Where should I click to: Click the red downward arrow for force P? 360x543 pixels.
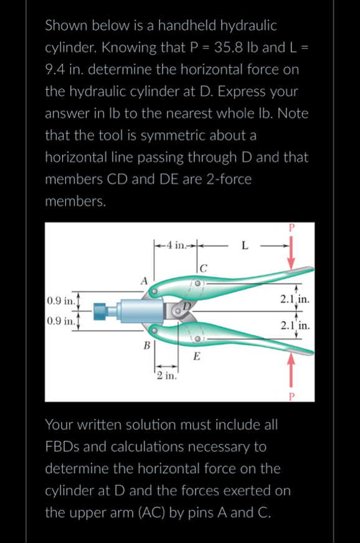click(x=291, y=252)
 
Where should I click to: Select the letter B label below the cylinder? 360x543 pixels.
click(x=146, y=345)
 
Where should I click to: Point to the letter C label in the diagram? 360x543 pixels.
click(x=203, y=268)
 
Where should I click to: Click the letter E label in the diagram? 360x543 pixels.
click(x=196, y=356)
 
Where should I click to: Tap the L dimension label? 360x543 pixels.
click(x=245, y=245)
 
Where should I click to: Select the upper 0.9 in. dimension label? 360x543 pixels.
click(x=60, y=300)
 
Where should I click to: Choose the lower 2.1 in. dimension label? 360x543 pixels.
click(x=295, y=326)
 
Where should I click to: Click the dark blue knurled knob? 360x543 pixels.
click(x=100, y=311)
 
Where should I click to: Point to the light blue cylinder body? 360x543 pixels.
click(x=141, y=310)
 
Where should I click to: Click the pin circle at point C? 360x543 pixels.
click(x=197, y=283)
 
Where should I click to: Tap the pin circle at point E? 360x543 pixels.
click(x=197, y=339)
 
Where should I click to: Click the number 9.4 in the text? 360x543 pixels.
click(x=55, y=70)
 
